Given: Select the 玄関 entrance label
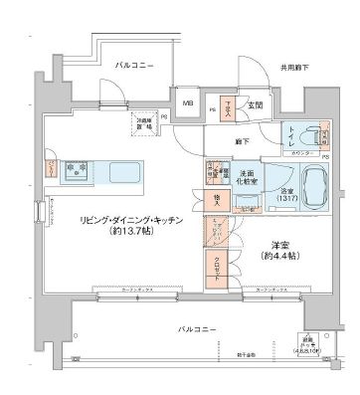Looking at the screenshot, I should pos(255,104).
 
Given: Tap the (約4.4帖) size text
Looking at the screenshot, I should pos(275,257).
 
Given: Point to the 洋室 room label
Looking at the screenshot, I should pos(275,245).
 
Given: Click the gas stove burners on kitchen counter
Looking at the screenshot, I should pos(76,170).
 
